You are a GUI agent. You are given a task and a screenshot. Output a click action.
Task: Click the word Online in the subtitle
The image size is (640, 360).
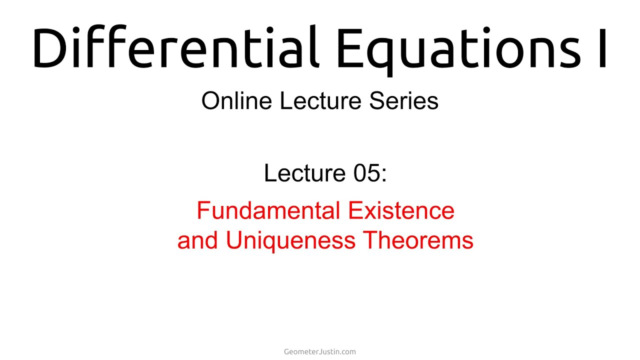[x=236, y=101]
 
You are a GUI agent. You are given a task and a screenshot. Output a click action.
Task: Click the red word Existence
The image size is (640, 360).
[x=401, y=210]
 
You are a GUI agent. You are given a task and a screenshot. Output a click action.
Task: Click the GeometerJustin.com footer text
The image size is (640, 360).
[x=320, y=351]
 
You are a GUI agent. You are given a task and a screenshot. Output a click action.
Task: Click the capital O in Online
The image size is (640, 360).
[x=210, y=101]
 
